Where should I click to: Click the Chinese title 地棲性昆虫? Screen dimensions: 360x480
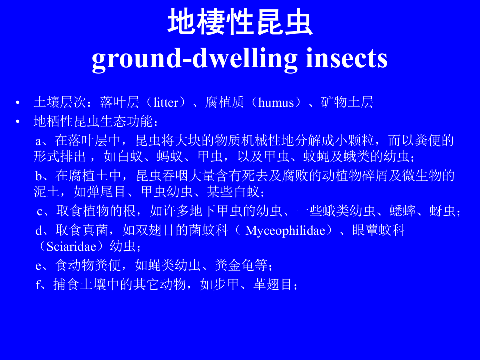240,23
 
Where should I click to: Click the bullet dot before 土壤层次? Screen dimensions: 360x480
18,103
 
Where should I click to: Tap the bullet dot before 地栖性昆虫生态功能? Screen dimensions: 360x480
18,122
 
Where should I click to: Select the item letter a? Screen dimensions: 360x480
38,141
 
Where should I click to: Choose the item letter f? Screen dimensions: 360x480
38,285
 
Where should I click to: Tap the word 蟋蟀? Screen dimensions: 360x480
404,211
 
